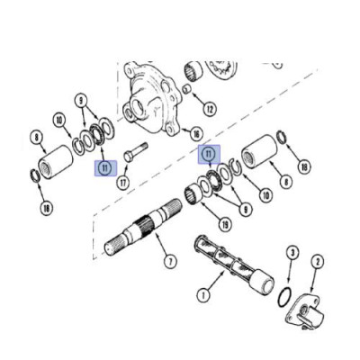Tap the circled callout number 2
(318, 262)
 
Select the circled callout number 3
(292, 253)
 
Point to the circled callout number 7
(170, 262)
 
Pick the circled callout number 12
(210, 109)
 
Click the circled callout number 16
(196, 134)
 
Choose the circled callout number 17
(122, 183)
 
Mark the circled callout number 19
(225, 224)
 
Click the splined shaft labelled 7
(143, 227)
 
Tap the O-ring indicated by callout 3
(283, 297)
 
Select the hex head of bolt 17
(128, 157)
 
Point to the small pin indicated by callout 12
(187, 89)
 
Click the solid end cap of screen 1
(263, 283)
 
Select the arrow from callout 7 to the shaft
(161, 244)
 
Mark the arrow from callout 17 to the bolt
(125, 169)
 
